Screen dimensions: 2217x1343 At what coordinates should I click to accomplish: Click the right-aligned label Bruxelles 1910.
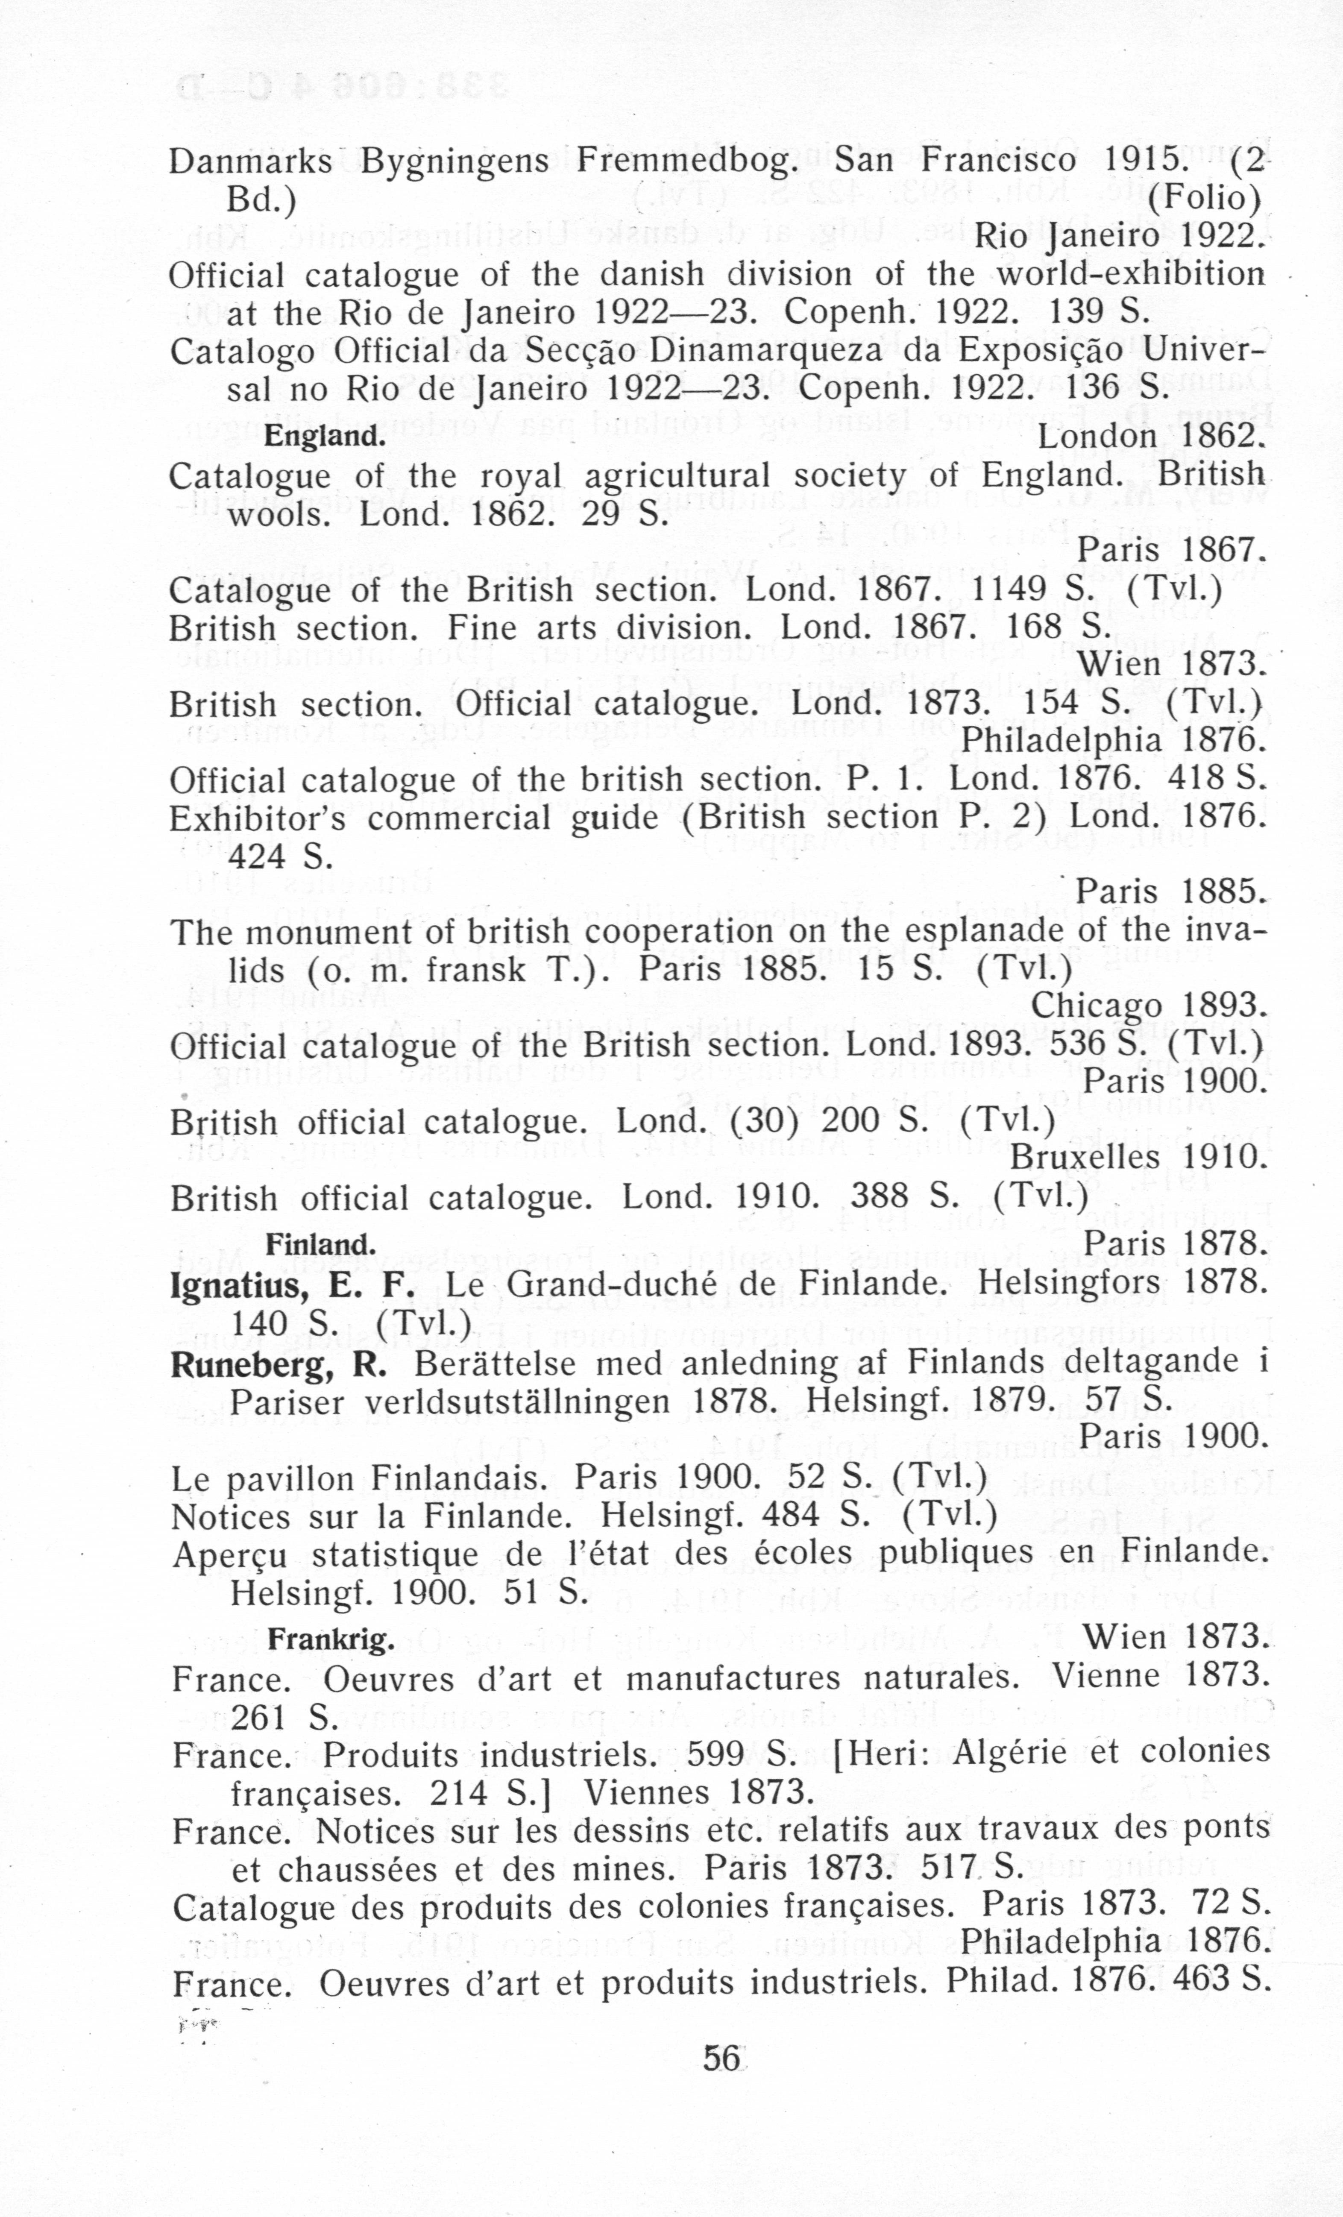(x=1138, y=1157)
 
